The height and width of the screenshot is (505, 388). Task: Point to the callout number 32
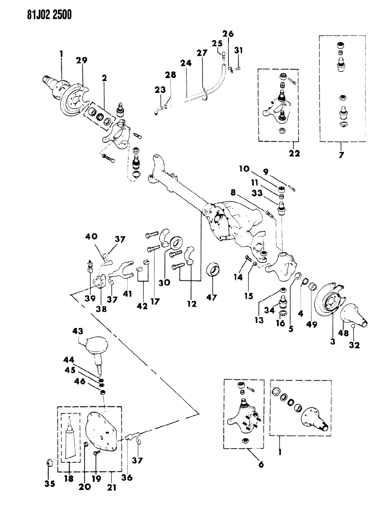tap(354, 345)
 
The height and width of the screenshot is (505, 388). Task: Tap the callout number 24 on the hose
tap(186, 63)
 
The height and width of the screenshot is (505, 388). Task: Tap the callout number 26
tap(228, 34)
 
